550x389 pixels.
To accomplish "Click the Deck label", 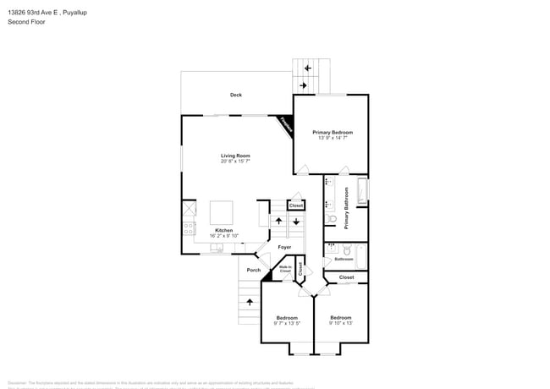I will point(236,95).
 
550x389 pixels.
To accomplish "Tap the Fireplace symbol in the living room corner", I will point(286,126).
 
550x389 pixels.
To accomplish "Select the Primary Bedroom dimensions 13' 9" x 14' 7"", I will point(332,139).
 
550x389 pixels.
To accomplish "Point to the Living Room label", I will point(235,156).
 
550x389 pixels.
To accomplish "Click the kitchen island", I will point(222,210).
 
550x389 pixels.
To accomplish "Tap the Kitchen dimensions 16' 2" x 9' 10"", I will point(224,236).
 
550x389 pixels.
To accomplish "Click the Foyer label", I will point(285,247).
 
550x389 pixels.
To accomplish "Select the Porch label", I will point(253,270).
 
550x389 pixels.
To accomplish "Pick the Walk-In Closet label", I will point(285,270).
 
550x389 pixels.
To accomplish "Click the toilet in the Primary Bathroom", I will point(333,219).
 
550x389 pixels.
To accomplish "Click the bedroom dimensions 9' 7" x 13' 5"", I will point(287,323).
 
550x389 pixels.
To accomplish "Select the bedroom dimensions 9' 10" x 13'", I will point(341,323).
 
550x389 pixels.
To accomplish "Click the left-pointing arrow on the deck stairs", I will point(307,68).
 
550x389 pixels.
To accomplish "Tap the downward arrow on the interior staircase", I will point(295,222).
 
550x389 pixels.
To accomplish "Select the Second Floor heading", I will point(27,22).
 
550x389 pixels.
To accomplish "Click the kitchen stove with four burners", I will point(188,229).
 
